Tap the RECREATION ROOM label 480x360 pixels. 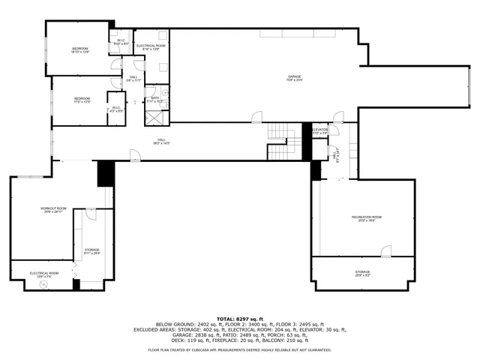coord(367,218)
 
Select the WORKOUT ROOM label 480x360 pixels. coord(54,210)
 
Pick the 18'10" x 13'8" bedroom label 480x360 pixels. coord(80,50)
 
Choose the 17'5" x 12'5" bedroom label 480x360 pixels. coord(82,100)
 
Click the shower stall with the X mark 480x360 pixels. coord(153,117)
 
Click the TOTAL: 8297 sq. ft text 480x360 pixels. coord(239,319)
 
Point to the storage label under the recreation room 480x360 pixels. coord(362,273)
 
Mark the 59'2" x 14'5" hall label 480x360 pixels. coord(160,142)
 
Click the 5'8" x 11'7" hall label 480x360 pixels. coord(133,78)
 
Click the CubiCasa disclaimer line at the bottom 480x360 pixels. coord(239,350)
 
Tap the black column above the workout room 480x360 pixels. coord(105,174)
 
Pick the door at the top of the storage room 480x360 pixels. coord(90,214)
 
